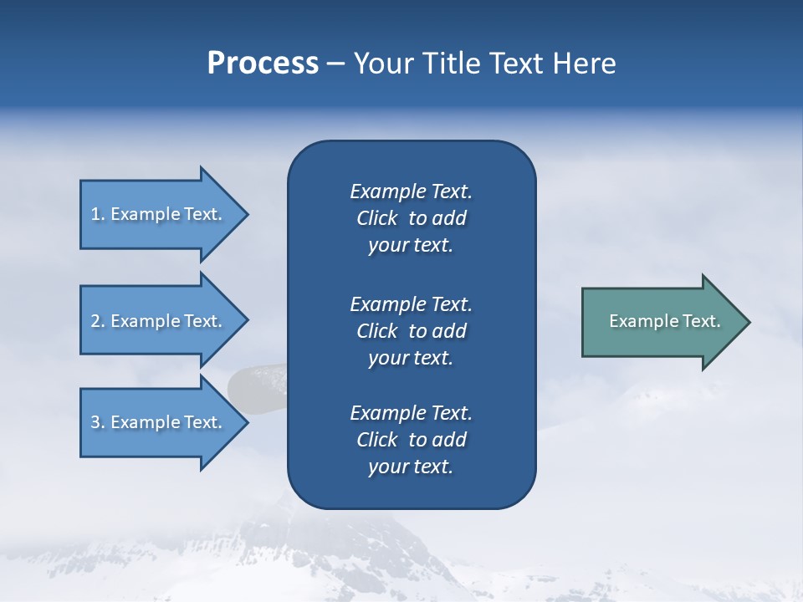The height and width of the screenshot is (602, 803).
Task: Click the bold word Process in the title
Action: pos(263,64)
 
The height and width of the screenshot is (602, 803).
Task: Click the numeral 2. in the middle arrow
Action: pos(98,321)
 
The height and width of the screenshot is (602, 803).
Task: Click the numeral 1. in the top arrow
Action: pos(97,214)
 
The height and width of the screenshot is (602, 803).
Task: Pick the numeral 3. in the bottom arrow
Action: pos(98,422)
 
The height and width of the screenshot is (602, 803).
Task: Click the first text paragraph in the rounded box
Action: pos(411,218)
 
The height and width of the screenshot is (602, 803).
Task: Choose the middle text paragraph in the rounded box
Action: pos(411,331)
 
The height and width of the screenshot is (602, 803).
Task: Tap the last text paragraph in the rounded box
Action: pos(411,440)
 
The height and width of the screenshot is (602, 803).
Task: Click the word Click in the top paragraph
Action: pos(376,218)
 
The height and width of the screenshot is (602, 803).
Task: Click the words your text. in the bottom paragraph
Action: pos(411,467)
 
